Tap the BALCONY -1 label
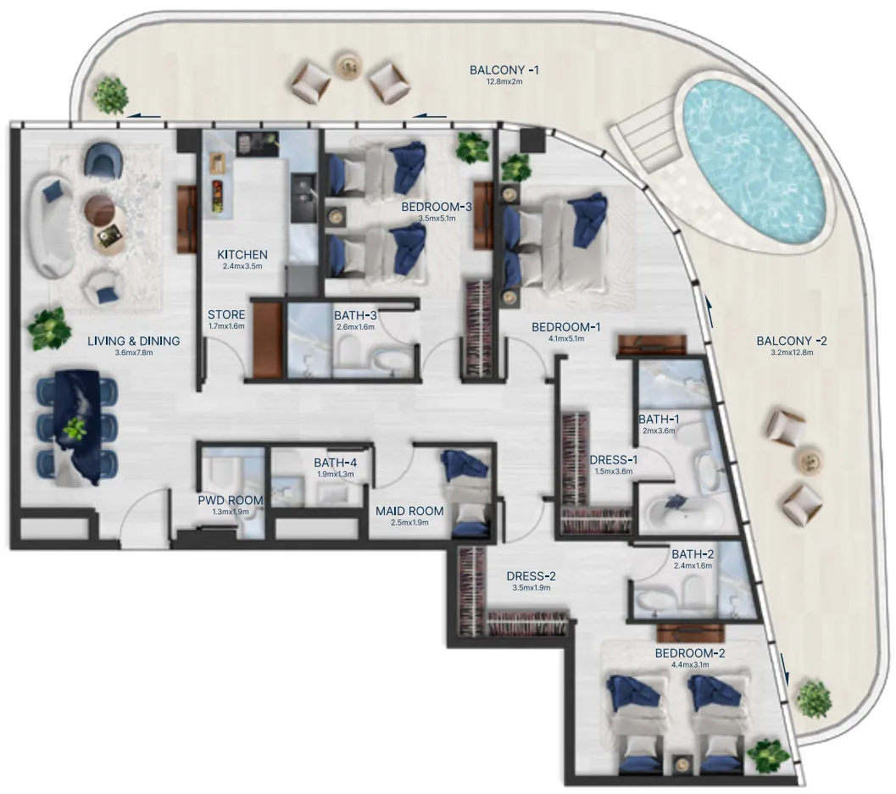504,69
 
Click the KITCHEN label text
242,254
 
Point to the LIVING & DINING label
134,341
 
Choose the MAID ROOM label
409,511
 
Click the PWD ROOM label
231,501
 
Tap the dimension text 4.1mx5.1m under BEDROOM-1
566,339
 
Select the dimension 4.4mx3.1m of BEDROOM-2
690,665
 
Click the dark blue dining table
77,430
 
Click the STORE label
226,315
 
